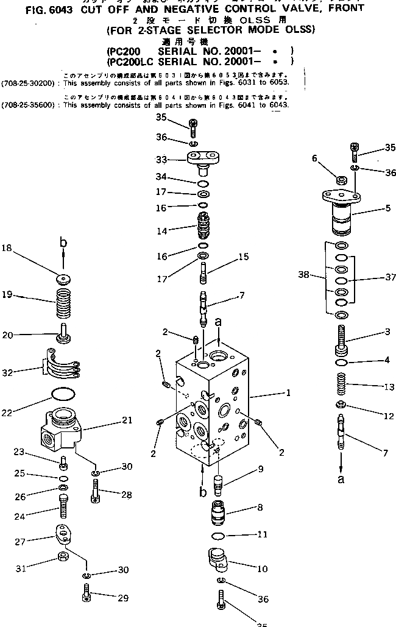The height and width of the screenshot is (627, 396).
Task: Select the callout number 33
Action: click(161, 160)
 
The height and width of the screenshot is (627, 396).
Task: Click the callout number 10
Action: click(263, 569)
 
